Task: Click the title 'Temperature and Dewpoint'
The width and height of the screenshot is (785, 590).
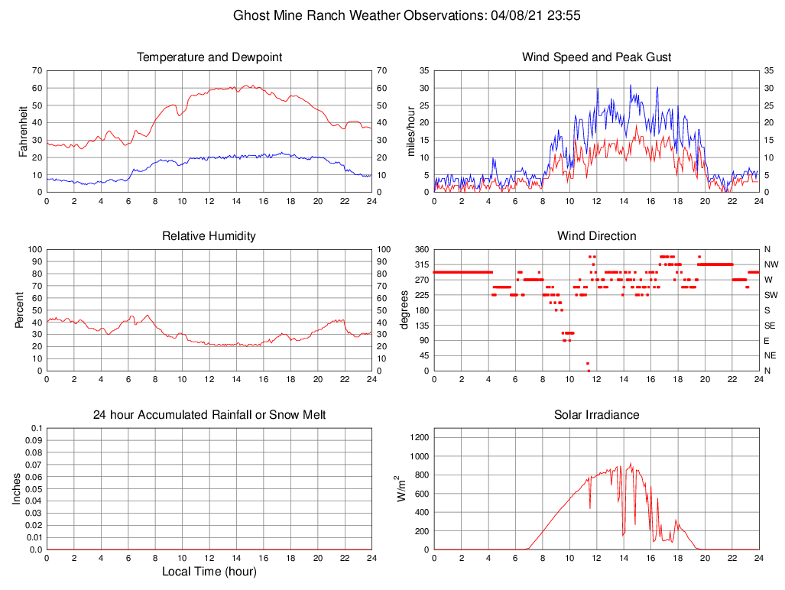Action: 209,57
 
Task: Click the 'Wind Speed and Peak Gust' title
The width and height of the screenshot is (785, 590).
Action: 596,57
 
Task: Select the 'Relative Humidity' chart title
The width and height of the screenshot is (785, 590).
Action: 209,236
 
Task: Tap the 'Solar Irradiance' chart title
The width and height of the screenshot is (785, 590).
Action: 596,415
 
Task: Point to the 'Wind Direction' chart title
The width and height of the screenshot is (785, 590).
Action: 596,236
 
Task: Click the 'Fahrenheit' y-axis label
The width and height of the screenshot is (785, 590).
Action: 23,131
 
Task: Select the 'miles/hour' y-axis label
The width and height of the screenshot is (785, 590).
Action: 411,131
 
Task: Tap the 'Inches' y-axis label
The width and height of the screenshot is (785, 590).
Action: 17,489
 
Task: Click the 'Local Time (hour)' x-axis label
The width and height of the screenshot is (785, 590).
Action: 209,572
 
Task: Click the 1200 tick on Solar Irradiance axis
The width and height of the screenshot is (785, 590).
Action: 418,438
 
